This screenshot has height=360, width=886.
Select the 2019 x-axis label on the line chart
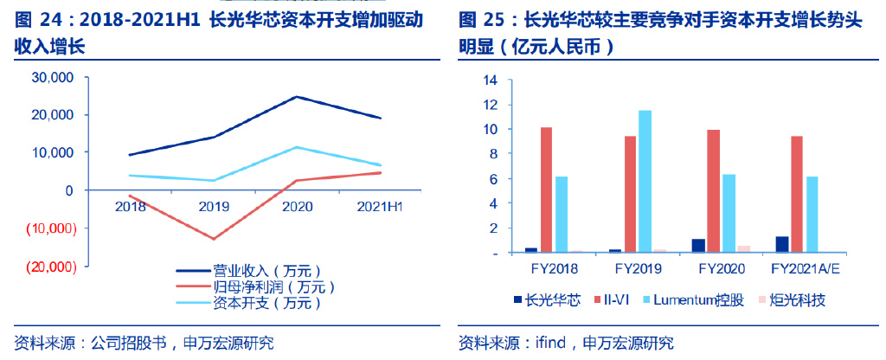(213, 206)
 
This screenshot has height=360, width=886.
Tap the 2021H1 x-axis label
(380, 206)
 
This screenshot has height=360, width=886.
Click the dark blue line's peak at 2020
(297, 97)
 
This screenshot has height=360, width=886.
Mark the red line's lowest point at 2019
(213, 239)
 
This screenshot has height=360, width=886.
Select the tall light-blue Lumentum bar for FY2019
(645, 181)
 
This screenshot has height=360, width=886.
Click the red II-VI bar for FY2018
(546, 190)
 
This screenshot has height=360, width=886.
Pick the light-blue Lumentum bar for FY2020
(729, 213)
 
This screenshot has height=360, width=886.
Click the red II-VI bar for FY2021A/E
(794, 194)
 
